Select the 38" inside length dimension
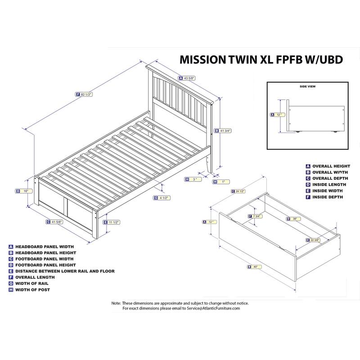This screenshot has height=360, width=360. [x=295, y=219]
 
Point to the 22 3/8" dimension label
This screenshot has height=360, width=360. [x=312, y=240]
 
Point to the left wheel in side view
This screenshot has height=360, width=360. [x=297, y=131]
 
